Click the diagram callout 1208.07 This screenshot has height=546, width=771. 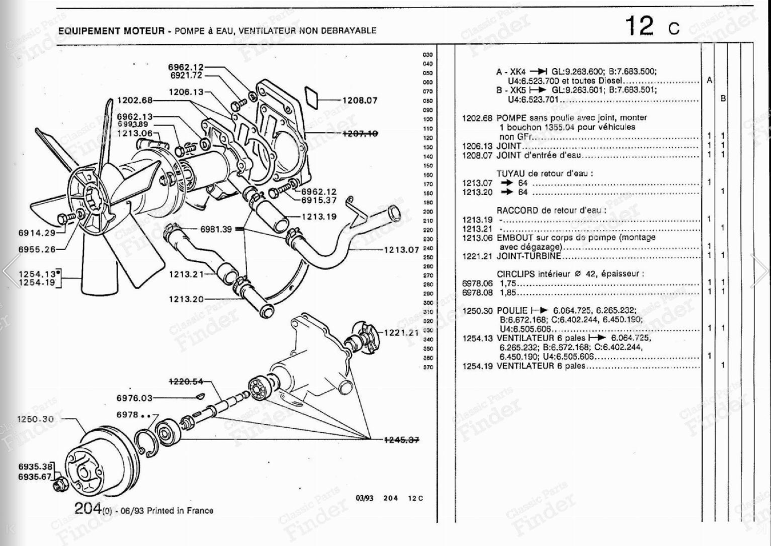[359, 100]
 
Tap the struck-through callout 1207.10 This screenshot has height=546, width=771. [359, 133]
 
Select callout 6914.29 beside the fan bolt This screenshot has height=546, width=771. [36, 233]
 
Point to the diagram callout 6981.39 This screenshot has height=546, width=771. [216, 229]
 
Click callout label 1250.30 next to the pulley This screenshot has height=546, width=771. [35, 419]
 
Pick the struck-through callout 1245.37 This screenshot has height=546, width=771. [401, 439]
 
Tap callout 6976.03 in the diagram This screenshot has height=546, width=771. [134, 398]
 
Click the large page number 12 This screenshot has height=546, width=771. [639, 26]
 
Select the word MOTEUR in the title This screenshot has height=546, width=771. [144, 31]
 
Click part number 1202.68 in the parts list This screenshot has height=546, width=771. [477, 118]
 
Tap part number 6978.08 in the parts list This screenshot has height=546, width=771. [477, 293]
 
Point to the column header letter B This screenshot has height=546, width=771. [723, 98]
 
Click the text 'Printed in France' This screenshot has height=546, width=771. [180, 510]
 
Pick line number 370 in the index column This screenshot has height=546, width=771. [428, 367]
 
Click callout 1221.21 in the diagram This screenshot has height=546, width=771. [401, 332]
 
